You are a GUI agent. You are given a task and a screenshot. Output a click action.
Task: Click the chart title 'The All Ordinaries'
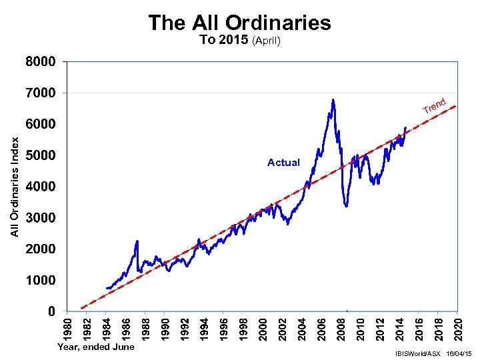point(239,23)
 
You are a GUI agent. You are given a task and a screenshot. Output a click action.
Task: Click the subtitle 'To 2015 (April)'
point(240,40)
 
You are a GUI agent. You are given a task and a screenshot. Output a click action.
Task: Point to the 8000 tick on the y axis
point(41,62)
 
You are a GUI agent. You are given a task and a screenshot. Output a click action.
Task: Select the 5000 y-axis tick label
point(41,155)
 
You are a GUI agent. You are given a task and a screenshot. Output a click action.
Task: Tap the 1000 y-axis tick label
point(41,280)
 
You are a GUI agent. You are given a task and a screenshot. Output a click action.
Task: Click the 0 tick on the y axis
point(51,311)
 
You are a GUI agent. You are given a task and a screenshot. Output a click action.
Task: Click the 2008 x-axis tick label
point(340,327)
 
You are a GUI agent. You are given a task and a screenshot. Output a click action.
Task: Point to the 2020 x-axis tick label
point(457,327)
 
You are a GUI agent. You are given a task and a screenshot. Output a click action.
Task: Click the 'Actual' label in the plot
point(283,163)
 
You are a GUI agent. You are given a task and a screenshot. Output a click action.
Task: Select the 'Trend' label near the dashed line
point(434,105)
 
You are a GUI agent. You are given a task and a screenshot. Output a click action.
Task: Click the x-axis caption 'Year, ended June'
point(96,347)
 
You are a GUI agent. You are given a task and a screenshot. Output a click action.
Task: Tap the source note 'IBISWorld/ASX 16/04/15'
point(433,352)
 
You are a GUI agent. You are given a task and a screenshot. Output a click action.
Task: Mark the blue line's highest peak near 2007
point(333,100)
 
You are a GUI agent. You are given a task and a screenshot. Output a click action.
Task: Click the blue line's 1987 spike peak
point(137,241)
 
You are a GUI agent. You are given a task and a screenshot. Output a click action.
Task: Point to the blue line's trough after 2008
point(346,206)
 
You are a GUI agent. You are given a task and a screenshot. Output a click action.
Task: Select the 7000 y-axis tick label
point(41,93)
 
